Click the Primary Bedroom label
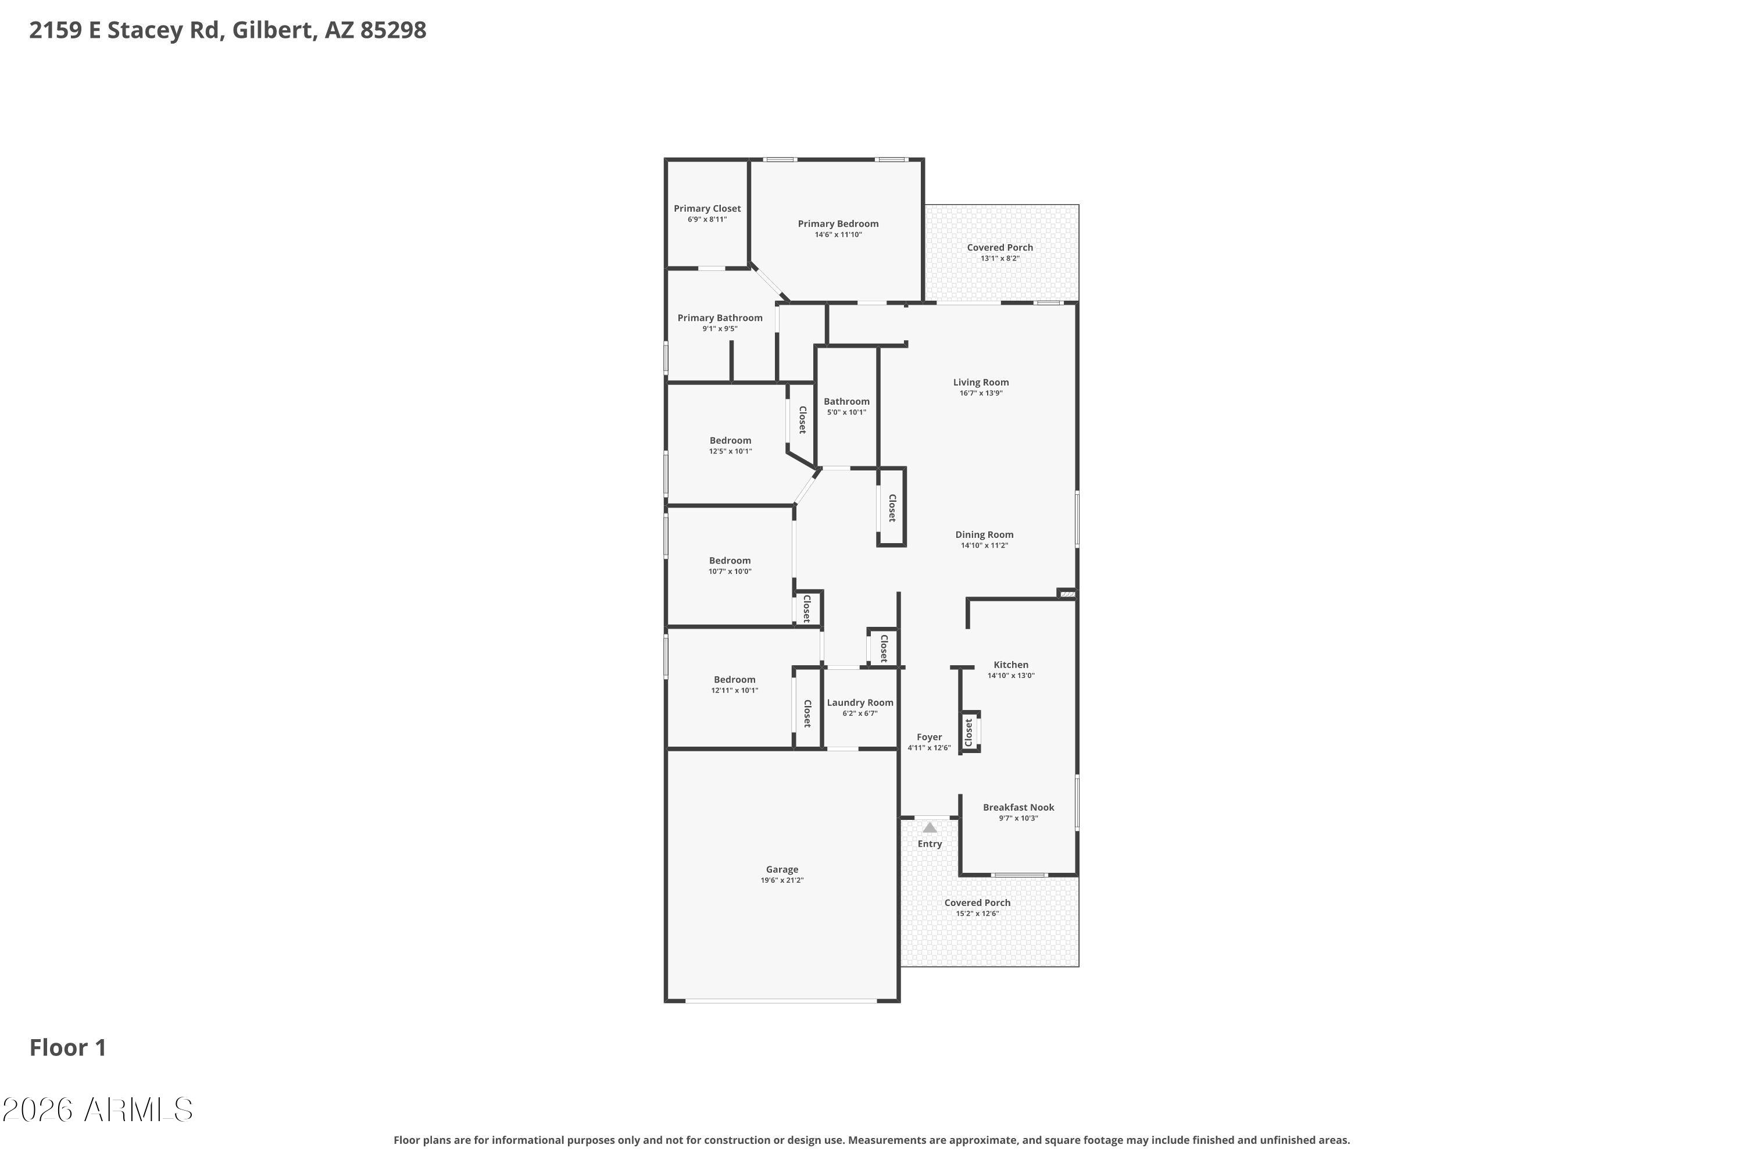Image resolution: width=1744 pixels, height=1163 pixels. click(x=838, y=224)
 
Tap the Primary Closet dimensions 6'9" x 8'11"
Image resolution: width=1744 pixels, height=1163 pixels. click(x=707, y=220)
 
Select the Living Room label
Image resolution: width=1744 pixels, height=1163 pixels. click(x=981, y=383)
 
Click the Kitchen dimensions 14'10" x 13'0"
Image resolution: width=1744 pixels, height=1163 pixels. click(x=1011, y=676)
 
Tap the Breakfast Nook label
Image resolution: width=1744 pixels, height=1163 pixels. click(x=1018, y=808)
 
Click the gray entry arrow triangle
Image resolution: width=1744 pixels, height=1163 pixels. click(x=929, y=827)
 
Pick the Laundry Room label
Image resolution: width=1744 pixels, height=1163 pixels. click(x=860, y=703)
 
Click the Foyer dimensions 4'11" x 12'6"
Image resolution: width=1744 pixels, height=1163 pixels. click(x=929, y=748)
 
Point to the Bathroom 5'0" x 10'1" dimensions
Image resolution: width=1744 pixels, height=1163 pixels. click(x=846, y=412)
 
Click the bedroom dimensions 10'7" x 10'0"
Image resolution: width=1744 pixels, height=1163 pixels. click(x=730, y=572)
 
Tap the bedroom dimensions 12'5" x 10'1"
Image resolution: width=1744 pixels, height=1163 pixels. click(x=730, y=452)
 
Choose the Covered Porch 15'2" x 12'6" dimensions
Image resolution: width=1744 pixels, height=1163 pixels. click(x=977, y=914)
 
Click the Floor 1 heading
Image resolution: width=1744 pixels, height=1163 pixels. click(x=68, y=1048)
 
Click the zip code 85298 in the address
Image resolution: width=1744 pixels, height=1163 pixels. click(x=393, y=30)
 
